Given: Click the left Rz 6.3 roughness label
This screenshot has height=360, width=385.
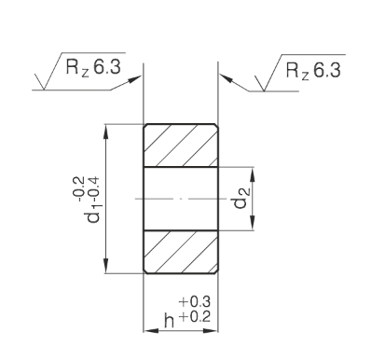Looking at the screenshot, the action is point(93,67).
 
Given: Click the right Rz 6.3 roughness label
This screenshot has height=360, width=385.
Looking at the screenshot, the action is point(313,70).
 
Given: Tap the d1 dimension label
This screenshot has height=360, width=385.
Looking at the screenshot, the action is point(93,215).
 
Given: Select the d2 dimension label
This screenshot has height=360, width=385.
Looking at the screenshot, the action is point(241,199).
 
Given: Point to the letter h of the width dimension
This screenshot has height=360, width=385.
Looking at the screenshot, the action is point(170,320).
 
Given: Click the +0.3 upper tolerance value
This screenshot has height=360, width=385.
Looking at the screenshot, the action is point(195,301).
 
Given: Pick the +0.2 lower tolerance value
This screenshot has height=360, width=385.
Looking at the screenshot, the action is point(195,317).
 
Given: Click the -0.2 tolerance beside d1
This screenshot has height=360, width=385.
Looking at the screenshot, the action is point(78,188).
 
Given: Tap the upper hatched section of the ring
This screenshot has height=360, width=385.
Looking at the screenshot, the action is point(181,145).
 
